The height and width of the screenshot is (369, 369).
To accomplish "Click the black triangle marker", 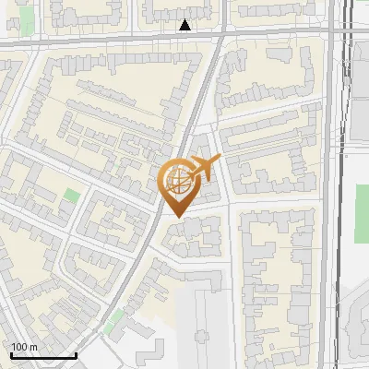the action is pos(185,25).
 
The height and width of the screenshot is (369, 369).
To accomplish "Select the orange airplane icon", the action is pos(202,169).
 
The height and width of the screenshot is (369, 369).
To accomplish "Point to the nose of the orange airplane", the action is pos(219,160).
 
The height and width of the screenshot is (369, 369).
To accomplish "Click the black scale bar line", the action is pos(42,354).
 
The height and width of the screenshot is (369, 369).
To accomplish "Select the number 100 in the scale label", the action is pos(19,346).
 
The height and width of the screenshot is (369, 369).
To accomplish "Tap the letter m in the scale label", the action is pos(33,346).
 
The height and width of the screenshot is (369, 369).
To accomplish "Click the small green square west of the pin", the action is pos(72,196).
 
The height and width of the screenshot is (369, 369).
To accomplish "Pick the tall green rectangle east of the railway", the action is pos(362,213).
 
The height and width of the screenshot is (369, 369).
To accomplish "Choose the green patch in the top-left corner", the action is pos(27,17).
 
